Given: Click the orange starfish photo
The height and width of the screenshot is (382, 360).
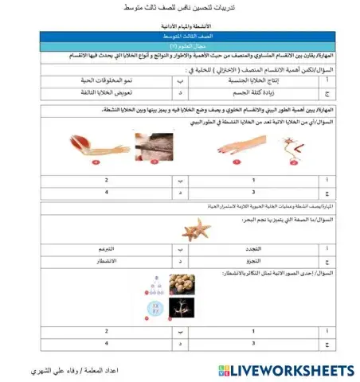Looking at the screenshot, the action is pos(190,230).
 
